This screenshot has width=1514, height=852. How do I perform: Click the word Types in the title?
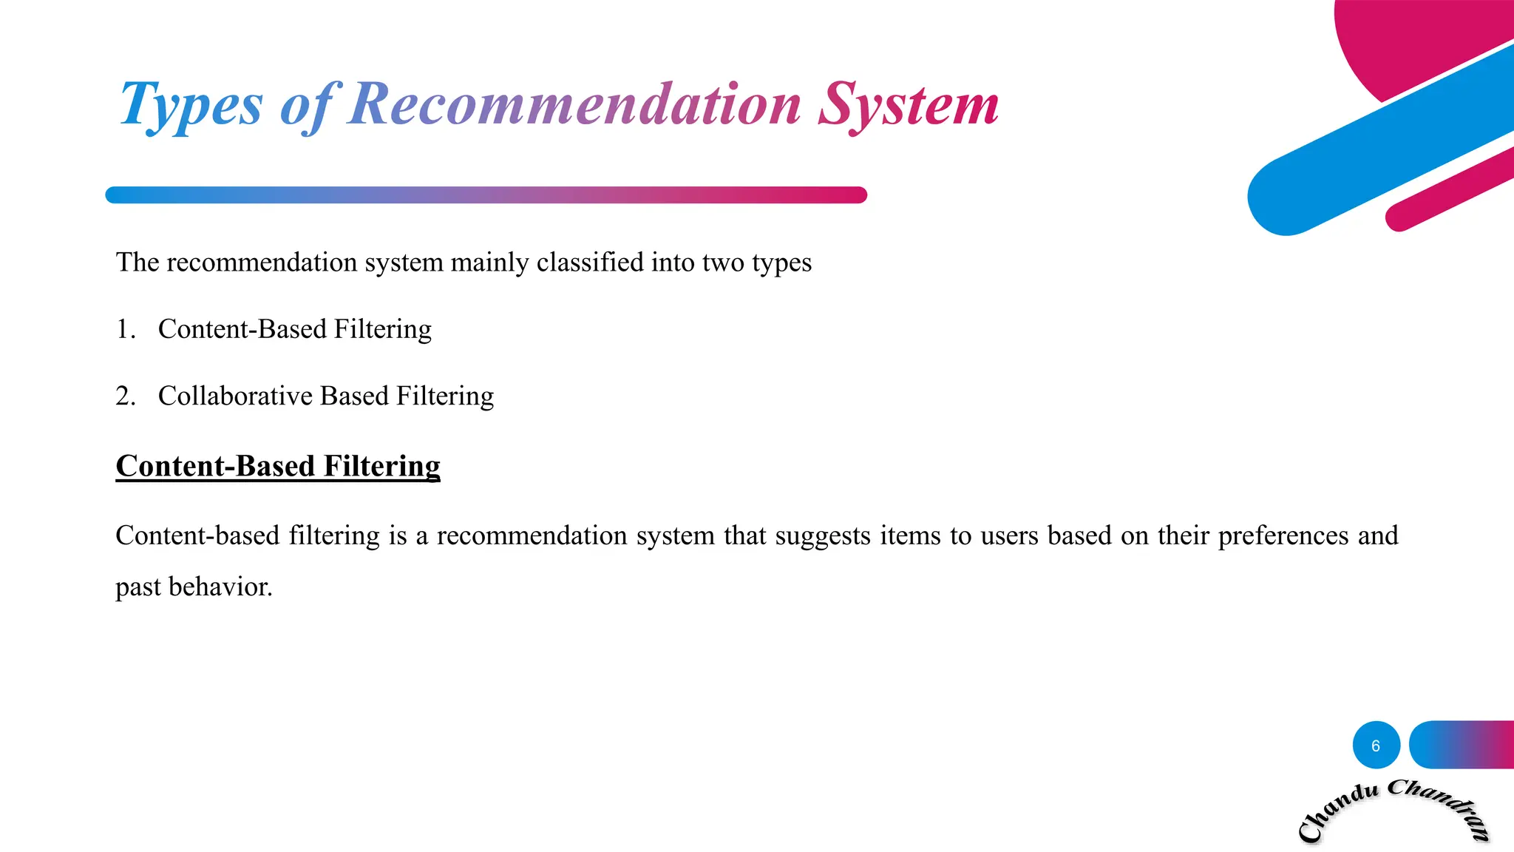coord(191,106)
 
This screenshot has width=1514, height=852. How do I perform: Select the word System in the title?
coord(909,106)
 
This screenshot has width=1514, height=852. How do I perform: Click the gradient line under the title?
coord(486,195)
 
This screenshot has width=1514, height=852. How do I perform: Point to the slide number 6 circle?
coord(1376,745)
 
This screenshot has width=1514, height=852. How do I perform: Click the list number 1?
coord(125,329)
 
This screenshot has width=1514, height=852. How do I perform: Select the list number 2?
coord(125,396)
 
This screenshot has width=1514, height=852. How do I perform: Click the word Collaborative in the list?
coord(235,396)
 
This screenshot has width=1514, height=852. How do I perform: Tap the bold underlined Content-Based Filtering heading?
coord(278,466)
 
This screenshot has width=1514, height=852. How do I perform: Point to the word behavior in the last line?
coord(220,587)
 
